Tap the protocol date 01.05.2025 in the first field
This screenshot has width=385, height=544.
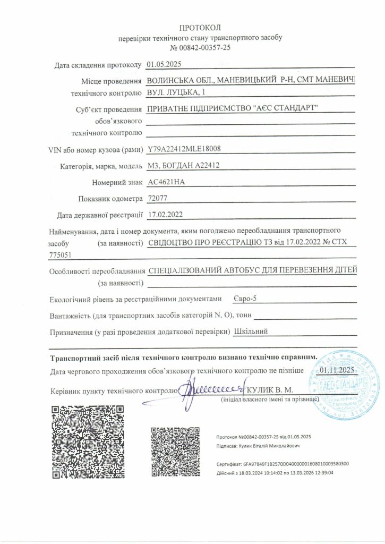[164, 65]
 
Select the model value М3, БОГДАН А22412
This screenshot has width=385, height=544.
[184, 166]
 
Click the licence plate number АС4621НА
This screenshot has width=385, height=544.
[166, 182]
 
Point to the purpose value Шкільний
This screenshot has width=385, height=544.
[251, 331]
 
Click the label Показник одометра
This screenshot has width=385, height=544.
[110, 199]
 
